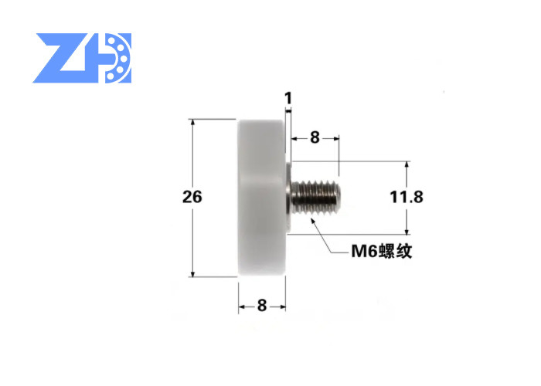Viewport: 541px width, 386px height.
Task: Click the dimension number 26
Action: [192, 197]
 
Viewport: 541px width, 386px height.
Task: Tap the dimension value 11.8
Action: [407, 197]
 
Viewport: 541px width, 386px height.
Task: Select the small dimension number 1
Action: [288, 98]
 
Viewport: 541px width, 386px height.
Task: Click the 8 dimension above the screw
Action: [315, 137]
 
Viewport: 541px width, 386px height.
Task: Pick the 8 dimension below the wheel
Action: [262, 306]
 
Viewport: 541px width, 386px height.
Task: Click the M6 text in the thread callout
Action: [365, 251]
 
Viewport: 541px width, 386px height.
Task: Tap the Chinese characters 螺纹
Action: [396, 251]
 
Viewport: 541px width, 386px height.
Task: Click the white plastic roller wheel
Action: [262, 198]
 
